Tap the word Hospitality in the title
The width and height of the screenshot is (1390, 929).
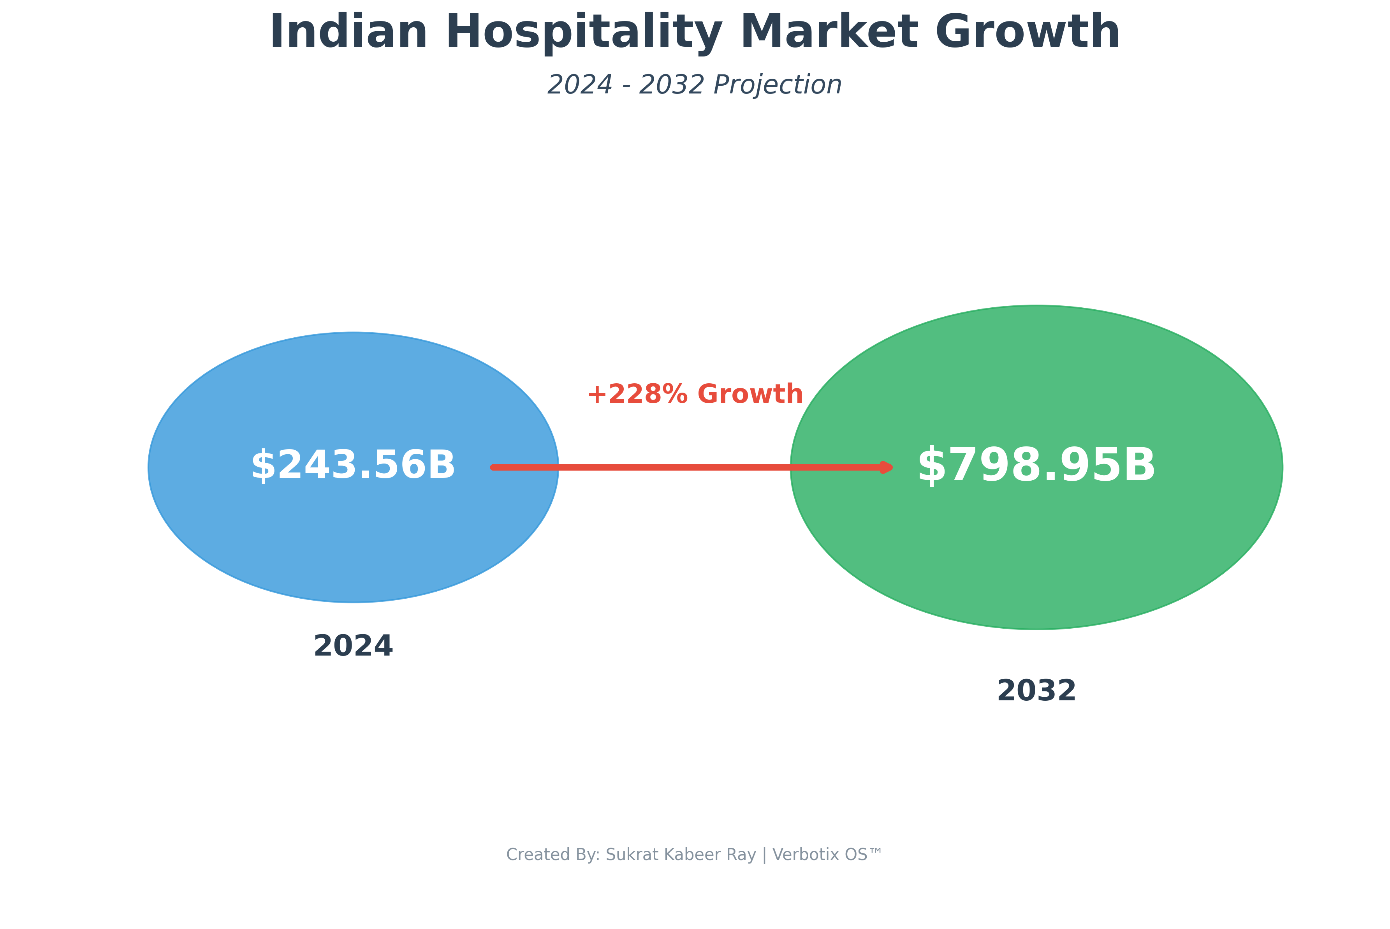point(584,33)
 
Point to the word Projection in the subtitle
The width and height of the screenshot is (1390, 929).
point(777,85)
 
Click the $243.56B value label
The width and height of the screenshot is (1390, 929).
point(353,466)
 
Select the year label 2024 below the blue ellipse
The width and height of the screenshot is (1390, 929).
point(353,646)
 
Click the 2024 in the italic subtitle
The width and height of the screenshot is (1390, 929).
point(580,85)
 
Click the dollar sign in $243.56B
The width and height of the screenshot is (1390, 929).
point(263,466)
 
